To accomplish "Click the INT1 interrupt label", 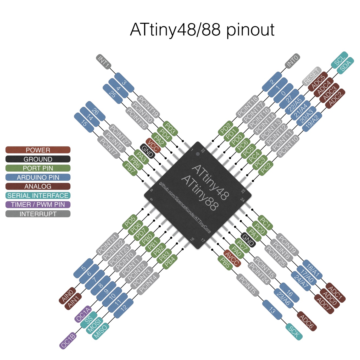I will coord(103,61).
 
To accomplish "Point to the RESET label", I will coord(312,76).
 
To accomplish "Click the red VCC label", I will coord(153,145).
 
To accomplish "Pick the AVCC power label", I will coord(232,258).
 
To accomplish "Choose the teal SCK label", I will coord(294,332).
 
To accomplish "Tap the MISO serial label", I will coord(100,331).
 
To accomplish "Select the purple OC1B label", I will coord(68,341).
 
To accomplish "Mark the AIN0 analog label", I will coord(67,296).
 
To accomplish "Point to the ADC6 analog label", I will coord(307,321).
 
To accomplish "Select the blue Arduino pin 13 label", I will coord(272,310).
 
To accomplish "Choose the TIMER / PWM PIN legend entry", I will coord(38,205).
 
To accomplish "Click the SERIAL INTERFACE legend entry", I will coord(38,195).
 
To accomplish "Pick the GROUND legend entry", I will coord(38,159).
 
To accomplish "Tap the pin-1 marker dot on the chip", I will coord(198,154).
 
